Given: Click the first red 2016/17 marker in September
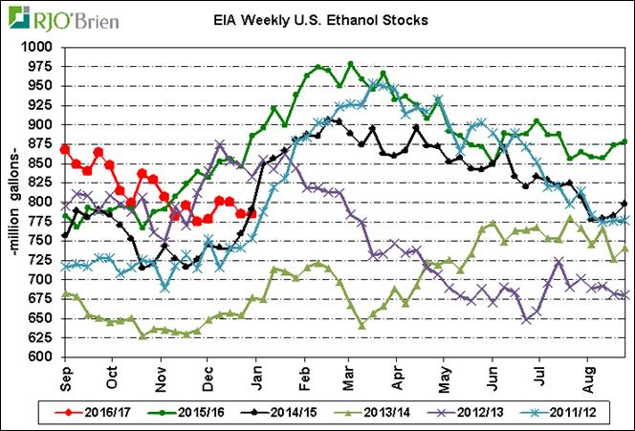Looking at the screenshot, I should [x=65, y=149].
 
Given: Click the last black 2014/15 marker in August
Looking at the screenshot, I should [x=625, y=204].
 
